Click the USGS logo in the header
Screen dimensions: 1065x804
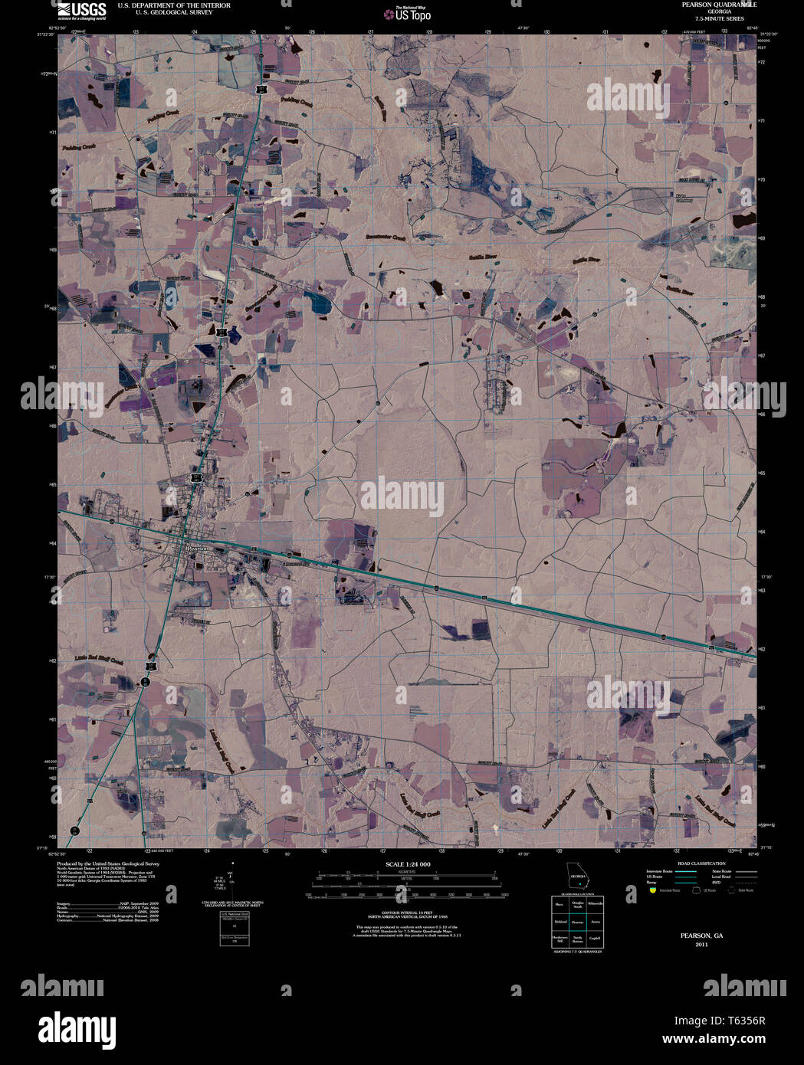82,10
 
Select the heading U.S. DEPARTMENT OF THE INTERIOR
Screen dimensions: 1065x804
173,5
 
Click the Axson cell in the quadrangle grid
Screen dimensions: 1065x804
596,922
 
